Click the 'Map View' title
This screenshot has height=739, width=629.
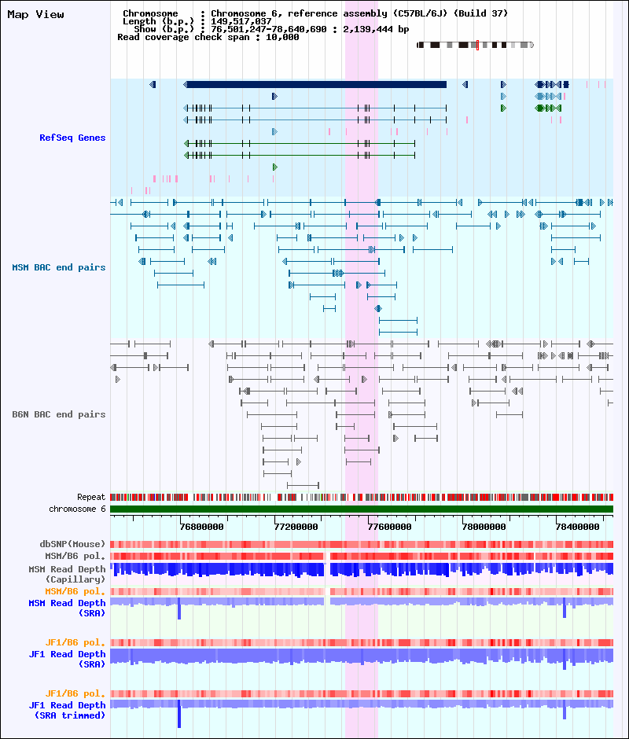(36, 15)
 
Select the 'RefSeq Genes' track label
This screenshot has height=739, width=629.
(72, 138)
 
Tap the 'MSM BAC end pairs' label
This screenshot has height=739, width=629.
(59, 267)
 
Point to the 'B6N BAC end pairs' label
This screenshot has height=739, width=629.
(59, 414)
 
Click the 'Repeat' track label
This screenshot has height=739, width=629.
(91, 497)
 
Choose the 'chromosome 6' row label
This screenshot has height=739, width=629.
(77, 509)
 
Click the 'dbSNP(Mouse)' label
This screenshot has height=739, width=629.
(72, 544)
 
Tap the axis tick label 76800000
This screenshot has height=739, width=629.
(202, 527)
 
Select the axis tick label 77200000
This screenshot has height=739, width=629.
(296, 527)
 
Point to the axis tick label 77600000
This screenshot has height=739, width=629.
(389, 527)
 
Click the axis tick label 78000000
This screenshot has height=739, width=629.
(484, 527)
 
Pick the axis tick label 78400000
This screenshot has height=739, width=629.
(578, 527)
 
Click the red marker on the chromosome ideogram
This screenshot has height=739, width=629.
(477, 46)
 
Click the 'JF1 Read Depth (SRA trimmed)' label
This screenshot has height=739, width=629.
(67, 710)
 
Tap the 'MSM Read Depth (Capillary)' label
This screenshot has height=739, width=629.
(67, 574)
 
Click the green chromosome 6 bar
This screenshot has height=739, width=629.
(362, 509)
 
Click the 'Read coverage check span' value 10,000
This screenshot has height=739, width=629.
(282, 37)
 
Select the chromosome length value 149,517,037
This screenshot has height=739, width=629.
(241, 21)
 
